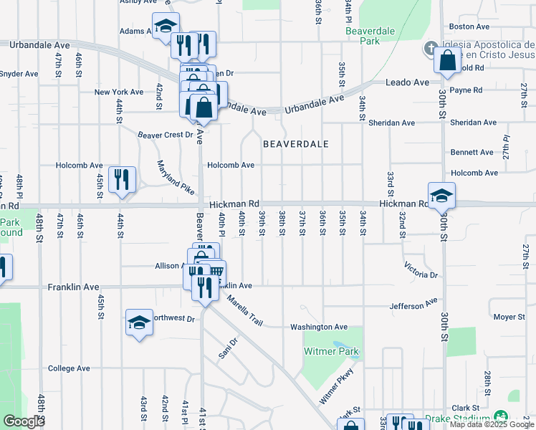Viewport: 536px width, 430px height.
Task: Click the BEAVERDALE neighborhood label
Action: point(295,144)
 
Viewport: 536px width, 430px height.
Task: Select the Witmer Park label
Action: point(331,352)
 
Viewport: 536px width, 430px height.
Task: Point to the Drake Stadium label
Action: point(456,419)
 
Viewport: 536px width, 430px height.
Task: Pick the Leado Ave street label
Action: point(407,82)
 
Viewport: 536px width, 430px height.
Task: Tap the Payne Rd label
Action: point(466,90)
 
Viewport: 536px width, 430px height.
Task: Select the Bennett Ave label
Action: point(472,153)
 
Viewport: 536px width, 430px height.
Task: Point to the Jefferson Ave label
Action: point(413,305)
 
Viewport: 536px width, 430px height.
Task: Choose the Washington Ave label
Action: point(318,327)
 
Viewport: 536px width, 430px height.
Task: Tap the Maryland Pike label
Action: point(176,178)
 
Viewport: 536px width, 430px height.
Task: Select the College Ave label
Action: point(69,368)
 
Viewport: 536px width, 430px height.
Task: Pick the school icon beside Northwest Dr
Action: point(139,322)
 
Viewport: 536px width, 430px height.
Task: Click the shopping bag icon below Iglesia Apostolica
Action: point(446,62)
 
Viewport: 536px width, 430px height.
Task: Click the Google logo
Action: point(24,421)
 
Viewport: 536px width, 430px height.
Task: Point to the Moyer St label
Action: point(509,317)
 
